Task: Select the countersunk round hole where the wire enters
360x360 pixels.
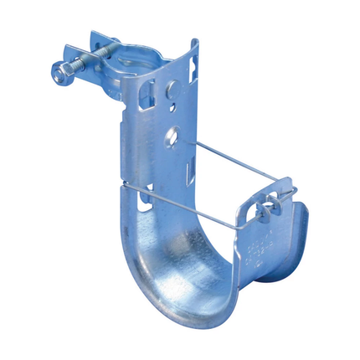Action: (x=172, y=134)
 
